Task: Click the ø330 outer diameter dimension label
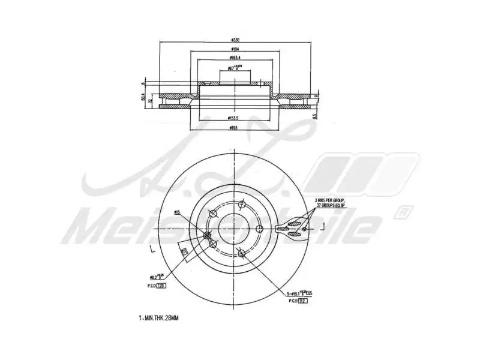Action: tap(236, 39)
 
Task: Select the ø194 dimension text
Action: tap(236, 49)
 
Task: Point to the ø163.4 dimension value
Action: tap(236, 58)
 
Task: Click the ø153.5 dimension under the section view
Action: tap(236, 118)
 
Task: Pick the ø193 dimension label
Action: tap(236, 128)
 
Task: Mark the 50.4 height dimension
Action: tap(143, 97)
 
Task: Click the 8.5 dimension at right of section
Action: tap(314, 116)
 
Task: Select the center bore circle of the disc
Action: tap(233, 227)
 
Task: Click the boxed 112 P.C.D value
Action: tap(302, 301)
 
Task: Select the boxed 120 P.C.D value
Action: tap(161, 286)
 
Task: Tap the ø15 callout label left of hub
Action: tap(177, 212)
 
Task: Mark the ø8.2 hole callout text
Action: tap(157, 278)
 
